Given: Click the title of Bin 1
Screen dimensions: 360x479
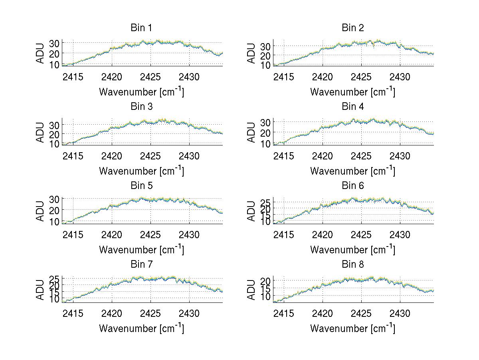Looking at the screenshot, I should (141, 28).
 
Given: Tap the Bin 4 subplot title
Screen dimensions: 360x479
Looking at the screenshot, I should (353, 107).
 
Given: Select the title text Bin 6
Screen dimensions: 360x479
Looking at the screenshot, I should (353, 186).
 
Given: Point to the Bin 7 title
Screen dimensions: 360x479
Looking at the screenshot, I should (141, 265).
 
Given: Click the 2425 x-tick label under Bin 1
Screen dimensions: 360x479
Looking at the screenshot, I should (151, 77).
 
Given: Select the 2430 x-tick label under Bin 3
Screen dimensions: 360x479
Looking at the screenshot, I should (189, 156).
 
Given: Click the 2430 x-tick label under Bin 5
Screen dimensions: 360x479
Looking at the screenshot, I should (189, 235).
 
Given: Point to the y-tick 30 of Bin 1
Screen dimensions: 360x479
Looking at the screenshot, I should (55, 43).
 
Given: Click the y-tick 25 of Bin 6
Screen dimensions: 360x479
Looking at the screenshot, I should (266, 203).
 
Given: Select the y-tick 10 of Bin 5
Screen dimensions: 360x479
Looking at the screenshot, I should (55, 221).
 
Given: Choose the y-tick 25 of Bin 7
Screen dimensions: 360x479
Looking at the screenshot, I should (55, 278).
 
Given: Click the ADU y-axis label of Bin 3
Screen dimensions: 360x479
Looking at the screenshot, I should (40, 132).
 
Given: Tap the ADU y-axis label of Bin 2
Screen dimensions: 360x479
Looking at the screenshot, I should (251, 53).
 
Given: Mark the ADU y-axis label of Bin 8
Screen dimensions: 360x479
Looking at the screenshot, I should (251, 290).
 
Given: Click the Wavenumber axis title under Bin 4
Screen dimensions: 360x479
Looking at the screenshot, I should (353, 171).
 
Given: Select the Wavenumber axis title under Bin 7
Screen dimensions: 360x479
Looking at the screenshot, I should (141, 328).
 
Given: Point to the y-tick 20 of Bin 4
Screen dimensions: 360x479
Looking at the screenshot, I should (266, 132).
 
